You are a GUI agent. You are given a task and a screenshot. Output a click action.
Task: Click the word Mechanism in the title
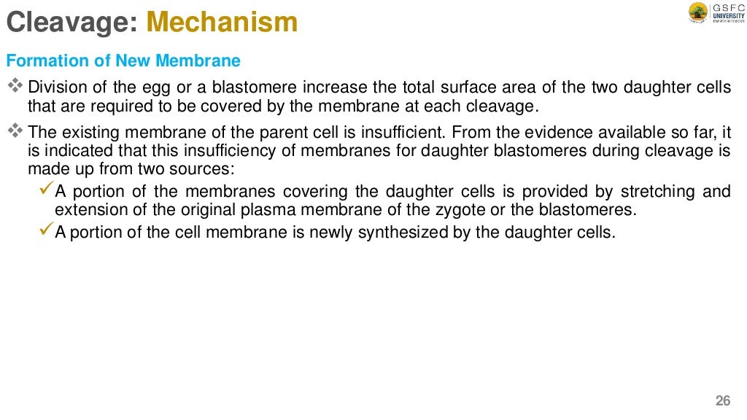[222, 22]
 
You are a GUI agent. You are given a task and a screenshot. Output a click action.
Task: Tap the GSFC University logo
[714, 13]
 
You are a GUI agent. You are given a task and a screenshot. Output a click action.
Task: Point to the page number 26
[722, 400]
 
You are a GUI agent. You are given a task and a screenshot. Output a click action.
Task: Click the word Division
[53, 87]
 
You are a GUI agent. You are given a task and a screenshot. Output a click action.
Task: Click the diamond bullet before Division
[15, 87]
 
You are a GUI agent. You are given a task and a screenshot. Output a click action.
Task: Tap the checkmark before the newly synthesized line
[45, 233]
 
